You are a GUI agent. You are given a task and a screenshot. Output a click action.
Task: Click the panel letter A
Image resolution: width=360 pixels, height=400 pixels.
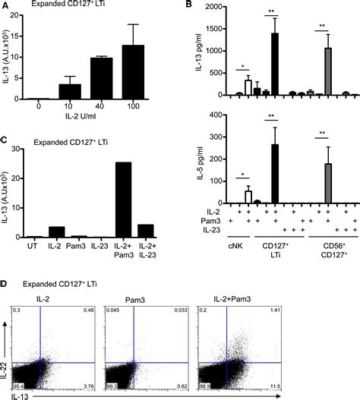pyautogui.click(x=5, y=8)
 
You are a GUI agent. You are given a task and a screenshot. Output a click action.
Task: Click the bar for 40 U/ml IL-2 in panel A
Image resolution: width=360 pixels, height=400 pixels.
pyautogui.click(x=103, y=78)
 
